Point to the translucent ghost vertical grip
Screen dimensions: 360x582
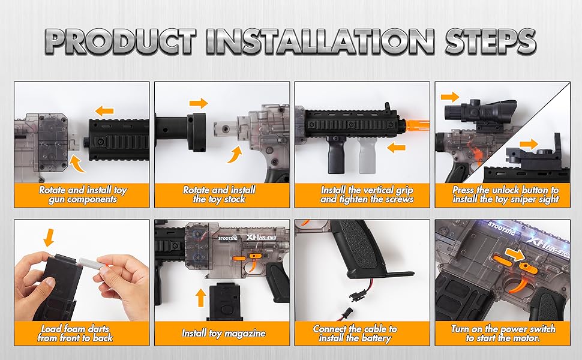coord(367,158)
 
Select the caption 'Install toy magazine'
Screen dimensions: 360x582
coord(223,333)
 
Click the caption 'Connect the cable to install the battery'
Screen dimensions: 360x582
coord(362,334)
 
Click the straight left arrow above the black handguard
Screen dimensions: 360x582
coord(104,110)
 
